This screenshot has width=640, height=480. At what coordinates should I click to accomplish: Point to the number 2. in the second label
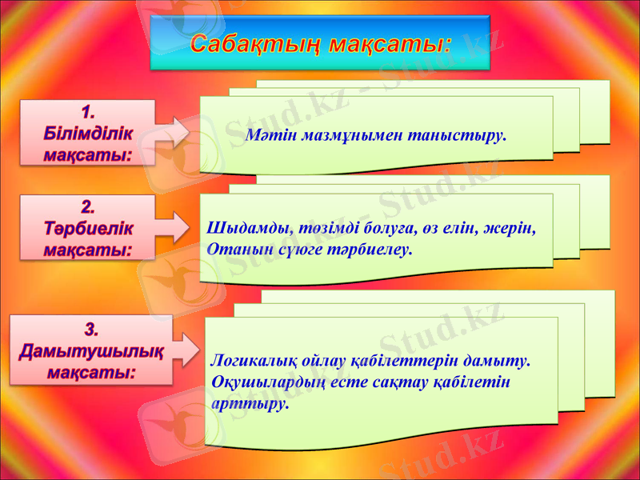tap(88, 206)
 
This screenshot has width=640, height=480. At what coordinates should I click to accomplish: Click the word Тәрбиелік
tap(88, 228)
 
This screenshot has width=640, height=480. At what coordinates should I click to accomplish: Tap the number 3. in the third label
tap(92, 329)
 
